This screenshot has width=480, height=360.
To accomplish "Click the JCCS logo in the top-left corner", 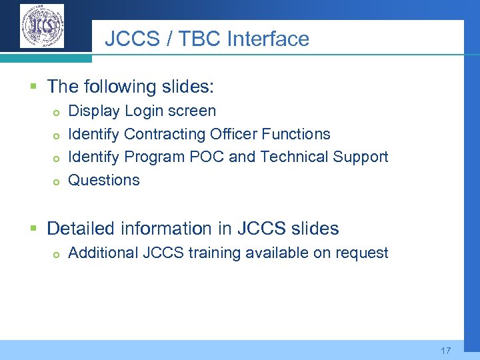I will coord(42,26).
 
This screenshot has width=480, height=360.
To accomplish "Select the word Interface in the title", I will coord(268,39).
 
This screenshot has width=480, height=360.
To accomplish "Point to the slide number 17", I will coord(446,351).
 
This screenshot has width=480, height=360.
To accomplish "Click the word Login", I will coord(145,111).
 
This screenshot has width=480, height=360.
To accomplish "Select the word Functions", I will coord(296,134).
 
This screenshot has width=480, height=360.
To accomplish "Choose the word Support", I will coord(359,157).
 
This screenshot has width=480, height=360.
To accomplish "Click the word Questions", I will coord(104,180).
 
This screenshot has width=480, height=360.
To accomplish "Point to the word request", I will coord(362,253).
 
